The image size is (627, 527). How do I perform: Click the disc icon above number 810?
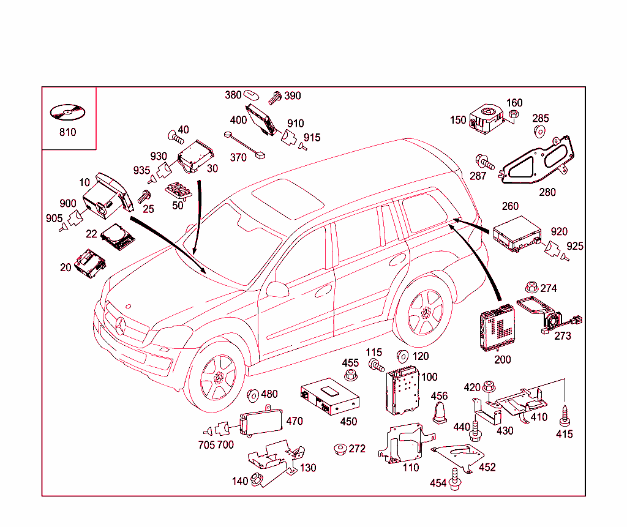tap(67, 113)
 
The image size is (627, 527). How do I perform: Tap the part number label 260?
tap(510, 206)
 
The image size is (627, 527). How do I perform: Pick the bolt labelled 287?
tap(485, 162)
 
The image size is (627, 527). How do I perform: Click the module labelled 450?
tap(329, 396)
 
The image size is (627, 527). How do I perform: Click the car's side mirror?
tap(277, 289)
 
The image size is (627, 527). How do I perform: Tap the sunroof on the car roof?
tap(288, 196)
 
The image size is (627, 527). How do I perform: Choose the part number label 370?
tap(238, 157)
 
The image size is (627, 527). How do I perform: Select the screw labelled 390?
tap(275, 96)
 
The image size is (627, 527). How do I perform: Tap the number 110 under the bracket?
tap(410, 468)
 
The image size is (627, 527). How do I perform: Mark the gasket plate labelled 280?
tap(537, 163)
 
